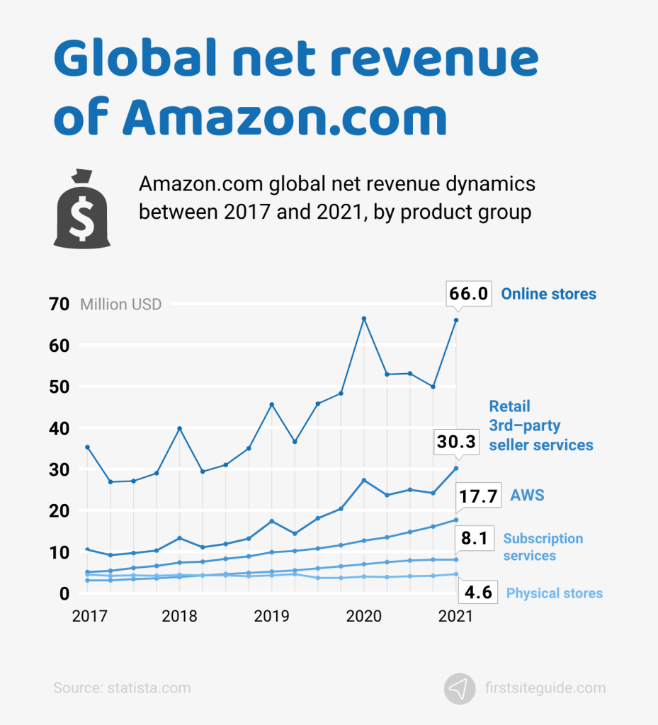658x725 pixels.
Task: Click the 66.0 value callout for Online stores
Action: pos(468,294)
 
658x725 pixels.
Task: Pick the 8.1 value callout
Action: pos(473,539)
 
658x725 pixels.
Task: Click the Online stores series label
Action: pos(548,294)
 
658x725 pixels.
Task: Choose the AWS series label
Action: pos(527,495)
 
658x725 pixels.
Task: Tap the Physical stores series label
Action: pos(554,593)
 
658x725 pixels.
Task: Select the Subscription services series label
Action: pos(543,547)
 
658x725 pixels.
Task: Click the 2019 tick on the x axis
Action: pos(272,616)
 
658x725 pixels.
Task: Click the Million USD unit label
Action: pos(120,305)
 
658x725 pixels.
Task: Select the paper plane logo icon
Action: pos(460,687)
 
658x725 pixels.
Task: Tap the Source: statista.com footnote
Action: pos(122,687)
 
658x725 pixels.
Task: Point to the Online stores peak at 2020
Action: pos(364,319)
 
